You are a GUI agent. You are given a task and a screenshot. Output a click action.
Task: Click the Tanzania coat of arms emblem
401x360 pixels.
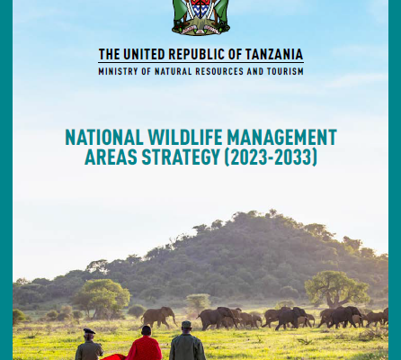pyautogui.click(x=200, y=17)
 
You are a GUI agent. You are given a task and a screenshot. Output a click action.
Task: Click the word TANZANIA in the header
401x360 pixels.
pyautogui.click(x=274, y=55)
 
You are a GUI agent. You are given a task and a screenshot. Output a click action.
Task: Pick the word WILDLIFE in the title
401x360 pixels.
pyautogui.click(x=185, y=137)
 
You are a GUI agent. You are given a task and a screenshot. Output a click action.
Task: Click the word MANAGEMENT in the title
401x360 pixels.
pyautogui.click(x=281, y=137)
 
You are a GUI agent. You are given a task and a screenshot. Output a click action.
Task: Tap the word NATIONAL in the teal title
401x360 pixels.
pyautogui.click(x=104, y=137)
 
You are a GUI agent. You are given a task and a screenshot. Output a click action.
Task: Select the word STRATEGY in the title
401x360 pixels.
pyautogui.click(x=181, y=157)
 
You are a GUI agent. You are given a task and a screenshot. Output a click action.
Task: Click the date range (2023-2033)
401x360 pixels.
pyautogui.click(x=271, y=157)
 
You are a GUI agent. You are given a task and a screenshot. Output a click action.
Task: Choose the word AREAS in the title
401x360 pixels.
pyautogui.click(x=111, y=157)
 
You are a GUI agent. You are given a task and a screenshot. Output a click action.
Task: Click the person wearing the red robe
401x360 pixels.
pyautogui.click(x=145, y=344)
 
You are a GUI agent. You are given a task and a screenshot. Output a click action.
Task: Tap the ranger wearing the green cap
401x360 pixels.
pyautogui.click(x=187, y=341)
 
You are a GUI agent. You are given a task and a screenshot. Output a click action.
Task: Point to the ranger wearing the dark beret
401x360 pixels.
pyautogui.click(x=89, y=345)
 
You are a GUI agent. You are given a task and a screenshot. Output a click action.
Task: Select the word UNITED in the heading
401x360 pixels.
pyautogui.click(x=144, y=55)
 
